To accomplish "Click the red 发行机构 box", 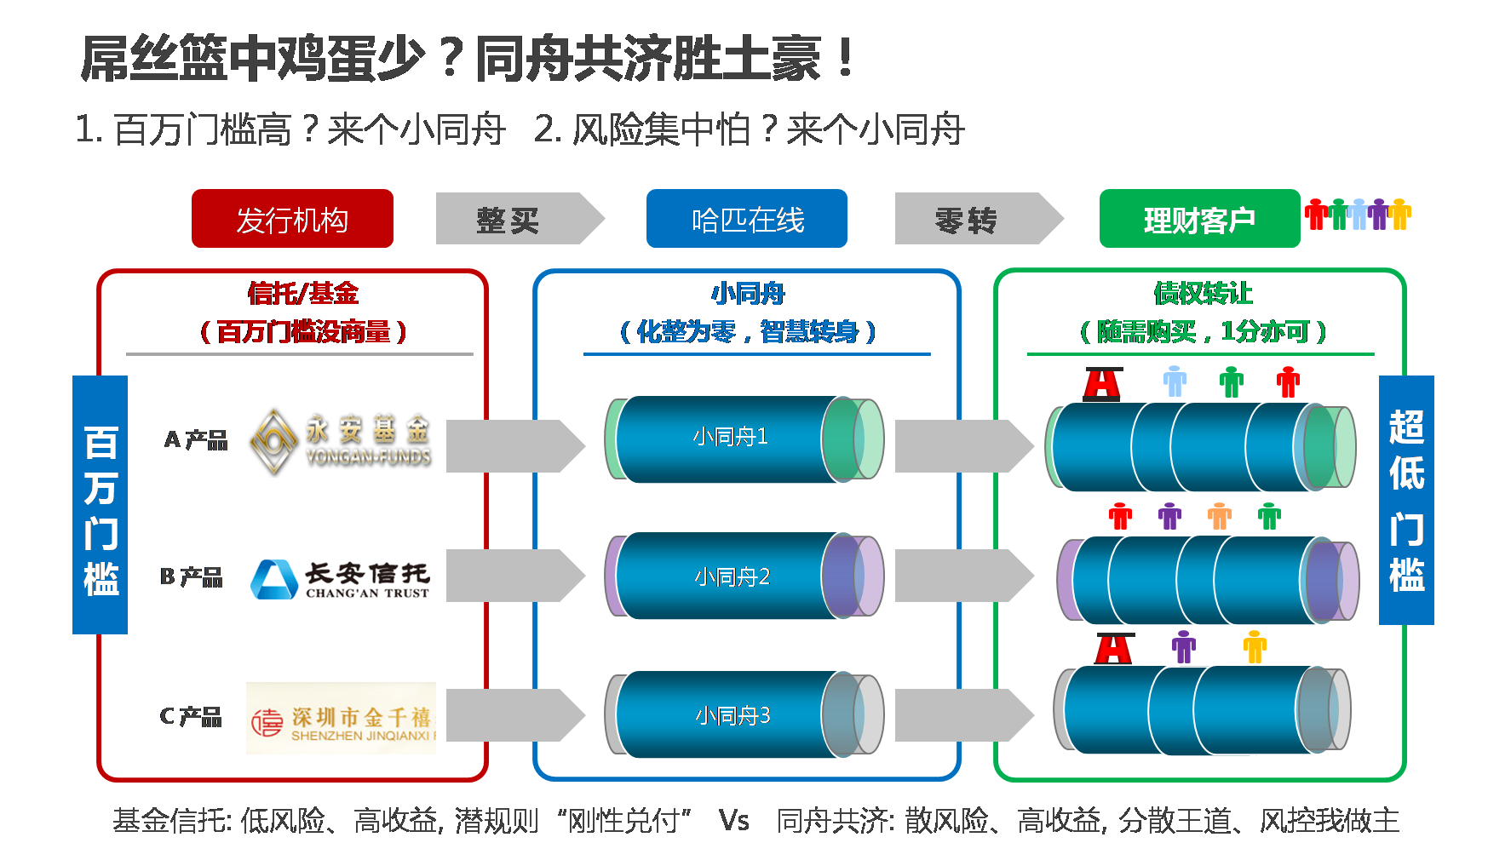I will coord(292,219).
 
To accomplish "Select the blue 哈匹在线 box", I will coord(747,219).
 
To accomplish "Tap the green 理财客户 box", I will coord(1199,219).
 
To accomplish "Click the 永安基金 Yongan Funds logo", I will coord(340,441).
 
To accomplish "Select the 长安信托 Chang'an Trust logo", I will coord(341,575).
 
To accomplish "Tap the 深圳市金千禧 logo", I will coord(341,718).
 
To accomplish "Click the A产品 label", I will coord(196,439).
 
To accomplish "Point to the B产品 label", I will coord(192,577).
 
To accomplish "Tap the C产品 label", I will coord(191,716).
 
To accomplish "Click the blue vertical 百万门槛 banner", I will coord(100,505).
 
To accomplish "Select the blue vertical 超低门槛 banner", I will coord(1406,500).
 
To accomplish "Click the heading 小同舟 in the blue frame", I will coord(748,294).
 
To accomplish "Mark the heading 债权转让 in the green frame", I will coord(1203,294).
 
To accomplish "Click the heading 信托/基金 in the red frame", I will coord(303,294).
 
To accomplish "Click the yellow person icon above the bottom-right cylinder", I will coord(1255,647).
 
